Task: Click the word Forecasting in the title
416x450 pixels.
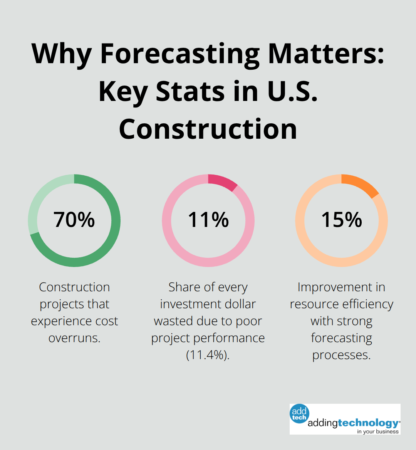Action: (x=180, y=54)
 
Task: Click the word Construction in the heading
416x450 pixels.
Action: (x=208, y=129)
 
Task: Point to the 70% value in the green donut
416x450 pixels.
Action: (x=74, y=220)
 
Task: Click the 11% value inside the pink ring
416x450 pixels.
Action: (x=208, y=220)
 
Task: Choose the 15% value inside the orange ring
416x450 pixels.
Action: (x=341, y=220)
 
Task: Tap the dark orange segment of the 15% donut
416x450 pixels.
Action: (x=361, y=185)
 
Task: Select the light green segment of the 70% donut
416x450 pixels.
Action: (x=39, y=200)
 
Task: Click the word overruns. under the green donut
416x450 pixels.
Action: (x=74, y=338)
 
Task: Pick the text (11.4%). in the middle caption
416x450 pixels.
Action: (x=208, y=355)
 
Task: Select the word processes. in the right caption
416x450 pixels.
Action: (x=341, y=355)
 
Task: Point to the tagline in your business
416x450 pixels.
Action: (x=377, y=432)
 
